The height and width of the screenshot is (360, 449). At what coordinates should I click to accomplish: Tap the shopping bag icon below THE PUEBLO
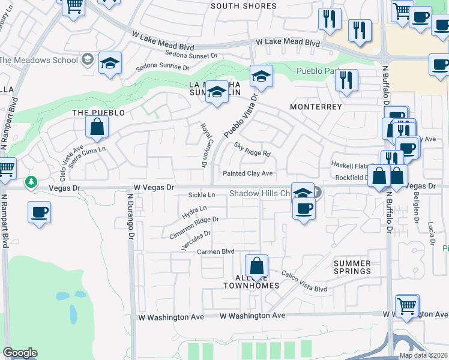tap(97, 127)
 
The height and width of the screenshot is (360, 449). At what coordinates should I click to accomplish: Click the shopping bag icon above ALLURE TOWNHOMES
tap(256, 265)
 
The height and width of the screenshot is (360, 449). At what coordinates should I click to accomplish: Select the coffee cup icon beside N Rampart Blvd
tap(39, 212)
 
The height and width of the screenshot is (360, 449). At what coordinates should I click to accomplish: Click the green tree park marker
tap(31, 181)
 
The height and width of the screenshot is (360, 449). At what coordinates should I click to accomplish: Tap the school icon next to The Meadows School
tap(110, 63)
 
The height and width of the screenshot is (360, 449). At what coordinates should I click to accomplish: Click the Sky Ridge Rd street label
tap(252, 149)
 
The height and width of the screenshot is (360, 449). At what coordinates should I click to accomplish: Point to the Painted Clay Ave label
tap(248, 173)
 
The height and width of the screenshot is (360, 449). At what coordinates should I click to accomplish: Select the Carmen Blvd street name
tap(215, 252)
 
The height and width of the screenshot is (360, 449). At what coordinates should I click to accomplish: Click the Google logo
tap(20, 353)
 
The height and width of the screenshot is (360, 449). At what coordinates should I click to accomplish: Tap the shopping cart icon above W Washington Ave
tap(407, 305)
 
